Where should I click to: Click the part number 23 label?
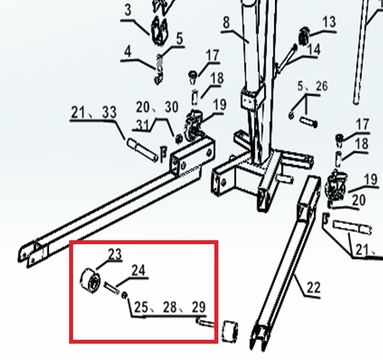click(115, 254)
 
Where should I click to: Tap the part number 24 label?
click(138, 271)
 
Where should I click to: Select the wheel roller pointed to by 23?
click(90, 281)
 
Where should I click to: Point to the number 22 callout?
click(314, 288)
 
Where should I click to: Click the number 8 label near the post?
click(226, 23)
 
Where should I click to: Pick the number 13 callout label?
click(329, 22)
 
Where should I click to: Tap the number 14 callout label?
click(314, 49)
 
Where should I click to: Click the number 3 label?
click(128, 10)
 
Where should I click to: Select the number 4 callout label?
click(128, 52)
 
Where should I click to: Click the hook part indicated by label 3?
click(159, 31)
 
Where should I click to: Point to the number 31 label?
click(143, 125)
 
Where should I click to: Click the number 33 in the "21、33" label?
click(109, 113)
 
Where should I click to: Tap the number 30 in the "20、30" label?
click(172, 107)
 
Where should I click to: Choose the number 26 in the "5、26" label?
click(322, 86)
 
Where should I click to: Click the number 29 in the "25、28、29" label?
click(199, 307)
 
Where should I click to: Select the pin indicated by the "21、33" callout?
click(142, 150)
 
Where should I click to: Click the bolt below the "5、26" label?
click(308, 122)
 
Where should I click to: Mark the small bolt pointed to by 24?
click(112, 288)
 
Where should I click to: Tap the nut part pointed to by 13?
click(304, 37)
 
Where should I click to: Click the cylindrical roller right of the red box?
click(230, 331)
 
